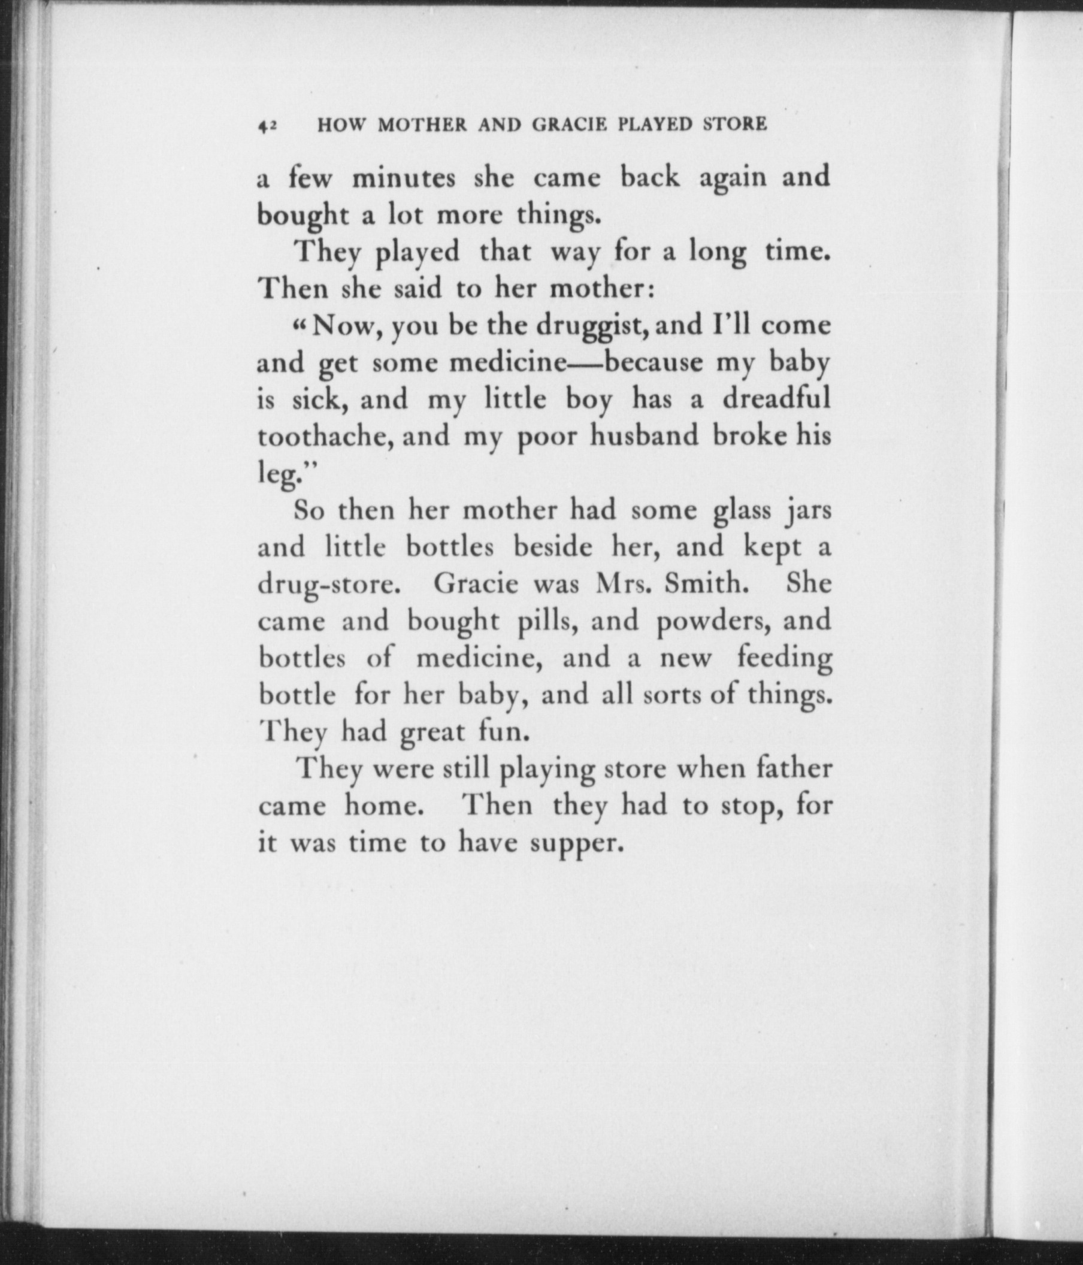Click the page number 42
[x=267, y=125]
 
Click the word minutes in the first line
[x=404, y=178]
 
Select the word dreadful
[x=776, y=400]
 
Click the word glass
[x=742, y=510]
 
